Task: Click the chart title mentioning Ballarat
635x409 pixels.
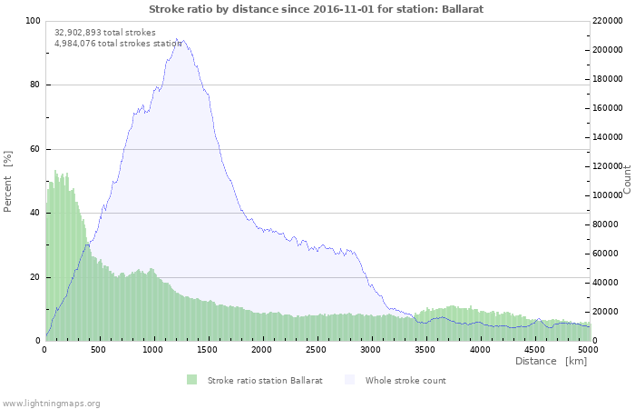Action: click(316, 8)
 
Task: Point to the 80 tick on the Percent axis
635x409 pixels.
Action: click(34, 85)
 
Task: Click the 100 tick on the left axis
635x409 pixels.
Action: click(33, 21)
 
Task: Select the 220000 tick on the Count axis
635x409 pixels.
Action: click(609, 21)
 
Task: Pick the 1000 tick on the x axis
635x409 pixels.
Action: click(153, 349)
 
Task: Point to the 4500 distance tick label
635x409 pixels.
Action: click(534, 349)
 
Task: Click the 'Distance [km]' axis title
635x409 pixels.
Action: click(551, 362)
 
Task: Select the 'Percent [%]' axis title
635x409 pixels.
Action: click(8, 181)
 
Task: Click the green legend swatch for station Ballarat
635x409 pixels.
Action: click(191, 380)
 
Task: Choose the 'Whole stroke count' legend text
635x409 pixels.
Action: click(405, 380)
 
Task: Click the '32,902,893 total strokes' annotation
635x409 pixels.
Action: click(105, 32)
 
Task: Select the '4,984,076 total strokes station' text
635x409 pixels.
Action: click(118, 43)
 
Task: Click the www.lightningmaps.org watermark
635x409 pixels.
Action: click(51, 403)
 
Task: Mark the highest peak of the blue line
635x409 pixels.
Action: click(178, 39)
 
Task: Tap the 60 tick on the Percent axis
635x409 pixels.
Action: click(34, 149)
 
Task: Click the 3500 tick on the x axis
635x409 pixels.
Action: click(425, 349)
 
